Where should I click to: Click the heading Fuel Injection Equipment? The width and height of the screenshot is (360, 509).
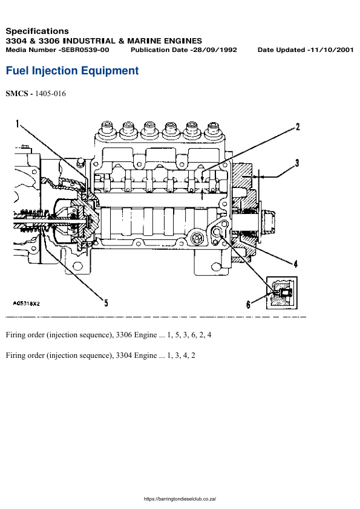click(72, 71)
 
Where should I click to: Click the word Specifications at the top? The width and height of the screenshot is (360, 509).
click(37, 31)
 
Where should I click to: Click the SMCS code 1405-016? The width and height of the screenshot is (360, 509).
click(51, 94)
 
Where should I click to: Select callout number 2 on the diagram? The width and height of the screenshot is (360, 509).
click(297, 127)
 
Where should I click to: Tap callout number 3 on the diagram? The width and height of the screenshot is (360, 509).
click(297, 163)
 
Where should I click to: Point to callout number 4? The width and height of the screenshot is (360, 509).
click(295, 263)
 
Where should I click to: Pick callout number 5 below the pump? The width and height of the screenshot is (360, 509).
click(106, 303)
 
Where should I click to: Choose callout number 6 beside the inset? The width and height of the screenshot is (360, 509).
click(248, 305)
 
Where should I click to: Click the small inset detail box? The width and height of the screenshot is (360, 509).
click(283, 293)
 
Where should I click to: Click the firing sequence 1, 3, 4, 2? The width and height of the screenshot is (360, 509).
click(181, 355)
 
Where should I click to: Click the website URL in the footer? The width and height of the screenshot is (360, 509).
click(180, 499)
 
